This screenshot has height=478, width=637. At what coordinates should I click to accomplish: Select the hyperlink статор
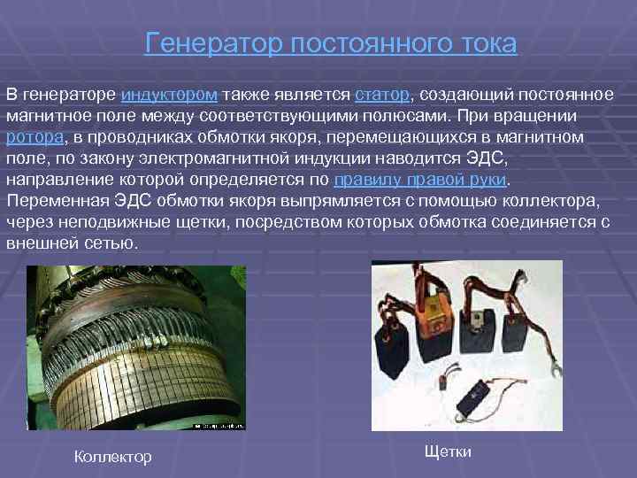[x=381, y=95]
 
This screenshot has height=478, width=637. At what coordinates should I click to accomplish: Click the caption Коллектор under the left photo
[x=113, y=457]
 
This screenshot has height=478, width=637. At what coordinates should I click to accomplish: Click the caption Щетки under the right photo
[x=448, y=452]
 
